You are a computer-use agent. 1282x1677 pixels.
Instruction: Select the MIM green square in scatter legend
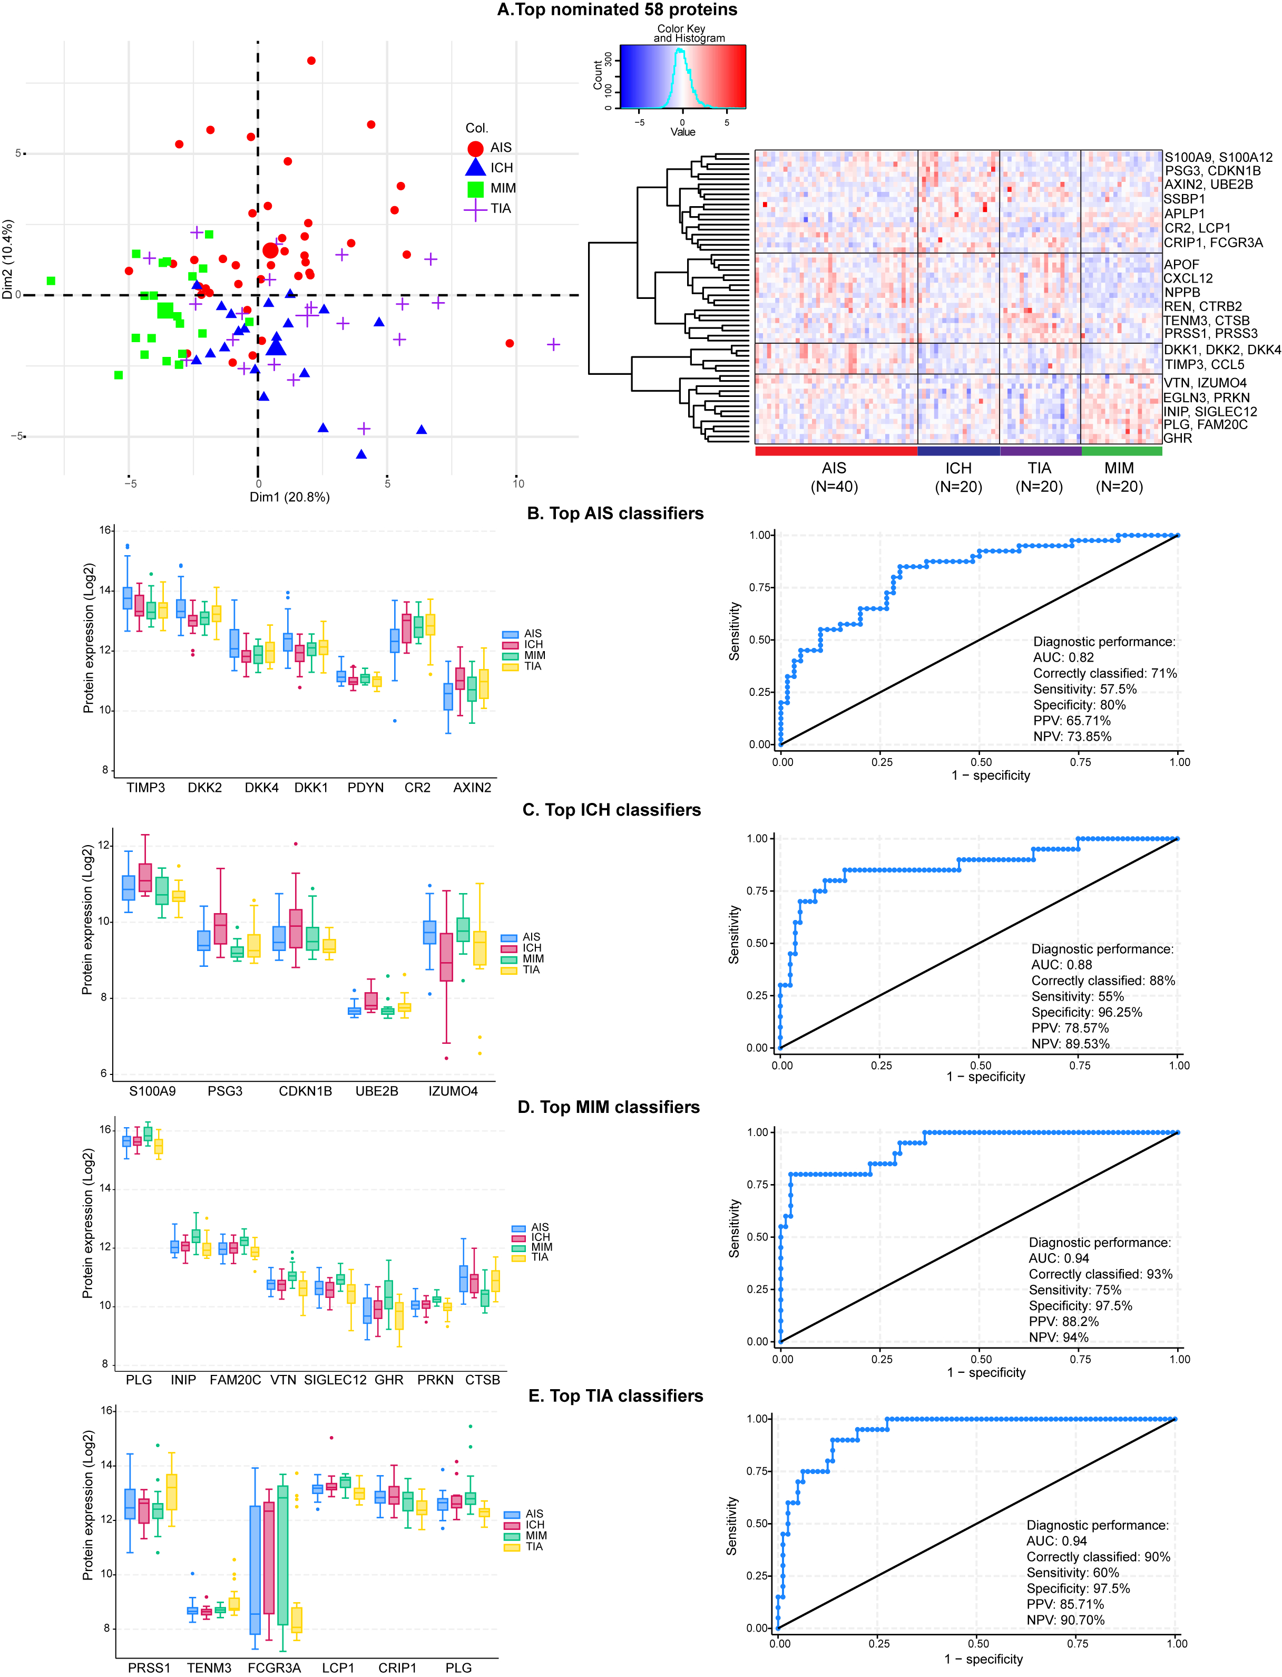(475, 189)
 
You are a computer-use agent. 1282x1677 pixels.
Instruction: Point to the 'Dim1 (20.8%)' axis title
(289, 497)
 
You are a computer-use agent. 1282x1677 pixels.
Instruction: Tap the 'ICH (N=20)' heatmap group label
(958, 477)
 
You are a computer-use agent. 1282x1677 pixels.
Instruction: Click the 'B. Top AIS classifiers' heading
(615, 513)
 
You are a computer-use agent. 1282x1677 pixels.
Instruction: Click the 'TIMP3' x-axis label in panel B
(146, 787)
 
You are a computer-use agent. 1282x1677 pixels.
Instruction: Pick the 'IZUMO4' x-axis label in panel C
(453, 1091)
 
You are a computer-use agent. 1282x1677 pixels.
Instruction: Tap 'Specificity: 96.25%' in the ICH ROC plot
(1087, 1012)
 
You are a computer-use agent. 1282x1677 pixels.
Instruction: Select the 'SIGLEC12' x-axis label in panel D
(335, 1379)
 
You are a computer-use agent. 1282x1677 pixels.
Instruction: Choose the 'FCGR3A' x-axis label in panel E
(274, 1667)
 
